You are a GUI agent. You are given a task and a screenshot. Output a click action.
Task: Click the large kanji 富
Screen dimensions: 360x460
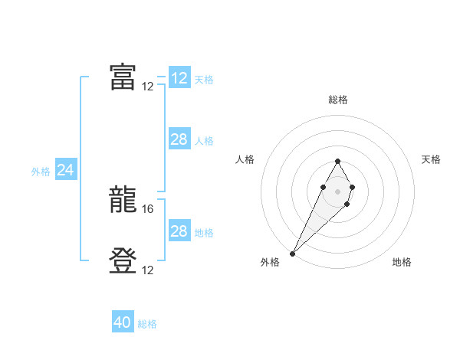(123, 77)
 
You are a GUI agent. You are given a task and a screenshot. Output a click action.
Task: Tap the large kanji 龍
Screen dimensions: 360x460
(123, 201)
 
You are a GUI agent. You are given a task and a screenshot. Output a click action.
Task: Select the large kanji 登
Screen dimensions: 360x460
(123, 261)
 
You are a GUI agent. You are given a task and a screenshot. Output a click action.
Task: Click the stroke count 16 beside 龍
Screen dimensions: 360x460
(149, 208)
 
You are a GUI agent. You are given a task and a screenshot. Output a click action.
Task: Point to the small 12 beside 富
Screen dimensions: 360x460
(148, 86)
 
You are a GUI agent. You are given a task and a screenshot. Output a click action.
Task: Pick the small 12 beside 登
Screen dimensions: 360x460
(148, 270)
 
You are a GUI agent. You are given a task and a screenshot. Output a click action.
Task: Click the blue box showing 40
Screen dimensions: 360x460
(123, 323)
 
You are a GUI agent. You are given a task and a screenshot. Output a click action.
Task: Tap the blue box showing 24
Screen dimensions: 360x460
(66, 171)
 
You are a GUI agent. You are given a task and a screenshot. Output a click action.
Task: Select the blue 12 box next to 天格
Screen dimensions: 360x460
(179, 78)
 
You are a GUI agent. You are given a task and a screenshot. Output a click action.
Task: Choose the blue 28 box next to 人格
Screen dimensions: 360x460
(179, 139)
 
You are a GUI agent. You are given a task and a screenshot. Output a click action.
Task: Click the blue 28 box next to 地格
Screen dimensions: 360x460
(179, 231)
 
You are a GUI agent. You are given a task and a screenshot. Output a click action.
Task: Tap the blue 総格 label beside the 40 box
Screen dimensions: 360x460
(147, 324)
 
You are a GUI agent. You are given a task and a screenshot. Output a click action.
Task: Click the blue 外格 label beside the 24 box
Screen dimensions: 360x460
(41, 172)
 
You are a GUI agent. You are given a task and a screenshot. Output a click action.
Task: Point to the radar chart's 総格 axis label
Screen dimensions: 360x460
(337, 100)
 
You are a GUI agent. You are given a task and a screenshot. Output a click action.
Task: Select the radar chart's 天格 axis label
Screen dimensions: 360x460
(432, 159)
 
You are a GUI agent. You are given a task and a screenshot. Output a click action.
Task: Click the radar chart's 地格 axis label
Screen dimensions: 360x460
(402, 263)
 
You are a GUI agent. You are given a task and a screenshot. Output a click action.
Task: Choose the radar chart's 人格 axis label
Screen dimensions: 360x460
(245, 159)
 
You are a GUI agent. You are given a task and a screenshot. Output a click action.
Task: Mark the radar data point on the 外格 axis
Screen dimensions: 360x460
(293, 253)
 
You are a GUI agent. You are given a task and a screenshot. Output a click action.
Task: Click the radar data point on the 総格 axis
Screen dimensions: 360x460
(337, 161)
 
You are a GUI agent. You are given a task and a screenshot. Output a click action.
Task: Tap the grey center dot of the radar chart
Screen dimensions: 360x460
(337, 191)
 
